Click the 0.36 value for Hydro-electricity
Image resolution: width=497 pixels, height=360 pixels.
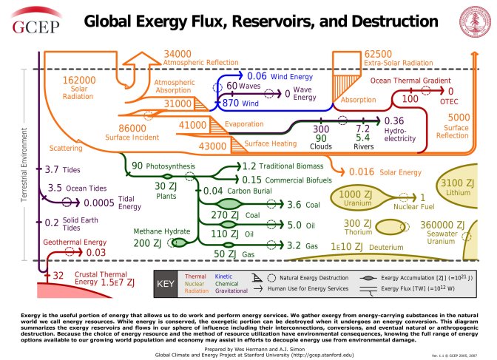point(395,121)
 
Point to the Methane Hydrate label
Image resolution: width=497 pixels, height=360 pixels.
point(147,231)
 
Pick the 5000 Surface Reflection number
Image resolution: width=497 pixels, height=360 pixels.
point(459,117)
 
